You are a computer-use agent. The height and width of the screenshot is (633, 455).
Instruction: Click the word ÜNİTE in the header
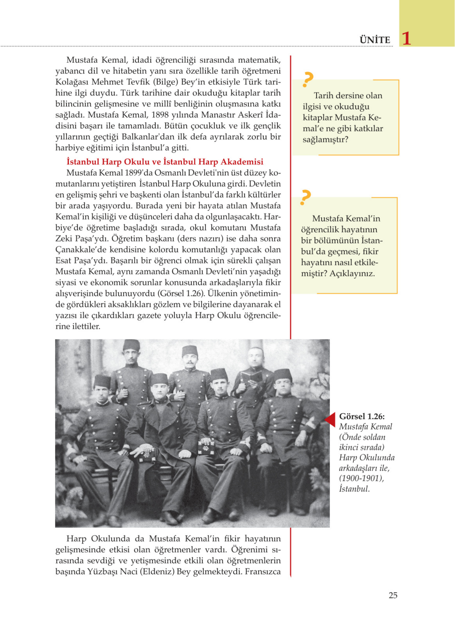coord(375,40)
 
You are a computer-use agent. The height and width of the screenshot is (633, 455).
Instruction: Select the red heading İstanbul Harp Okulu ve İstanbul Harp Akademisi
coord(165,162)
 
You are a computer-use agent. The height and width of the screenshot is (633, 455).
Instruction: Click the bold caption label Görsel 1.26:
coord(362,416)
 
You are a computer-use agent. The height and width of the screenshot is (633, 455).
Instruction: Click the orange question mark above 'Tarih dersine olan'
coord(308,79)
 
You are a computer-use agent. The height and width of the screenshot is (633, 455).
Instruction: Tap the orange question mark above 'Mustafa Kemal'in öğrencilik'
coord(305,197)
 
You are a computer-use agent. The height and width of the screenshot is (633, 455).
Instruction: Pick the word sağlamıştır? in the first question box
coord(325,139)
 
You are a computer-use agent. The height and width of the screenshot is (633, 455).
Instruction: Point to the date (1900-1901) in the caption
coord(361,478)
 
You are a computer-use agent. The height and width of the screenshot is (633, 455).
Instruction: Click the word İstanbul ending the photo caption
coord(354,489)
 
